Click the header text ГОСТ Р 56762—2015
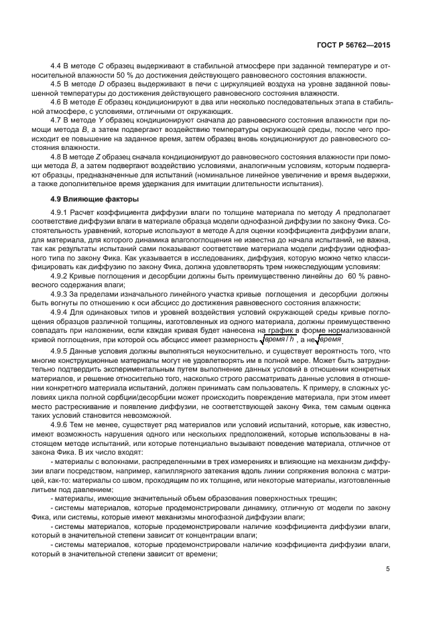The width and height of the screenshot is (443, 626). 355,46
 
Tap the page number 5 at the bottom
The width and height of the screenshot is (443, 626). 387,569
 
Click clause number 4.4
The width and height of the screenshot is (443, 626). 56,68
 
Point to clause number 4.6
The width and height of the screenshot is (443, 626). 56,102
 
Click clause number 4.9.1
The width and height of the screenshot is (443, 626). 60,213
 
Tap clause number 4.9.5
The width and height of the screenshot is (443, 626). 60,351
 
